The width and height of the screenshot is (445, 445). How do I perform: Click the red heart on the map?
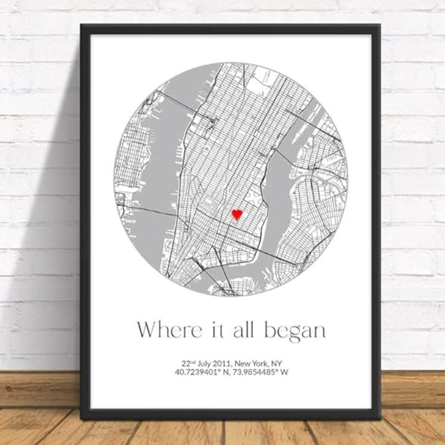[x=237, y=214]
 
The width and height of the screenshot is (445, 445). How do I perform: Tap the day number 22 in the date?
[x=186, y=363]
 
